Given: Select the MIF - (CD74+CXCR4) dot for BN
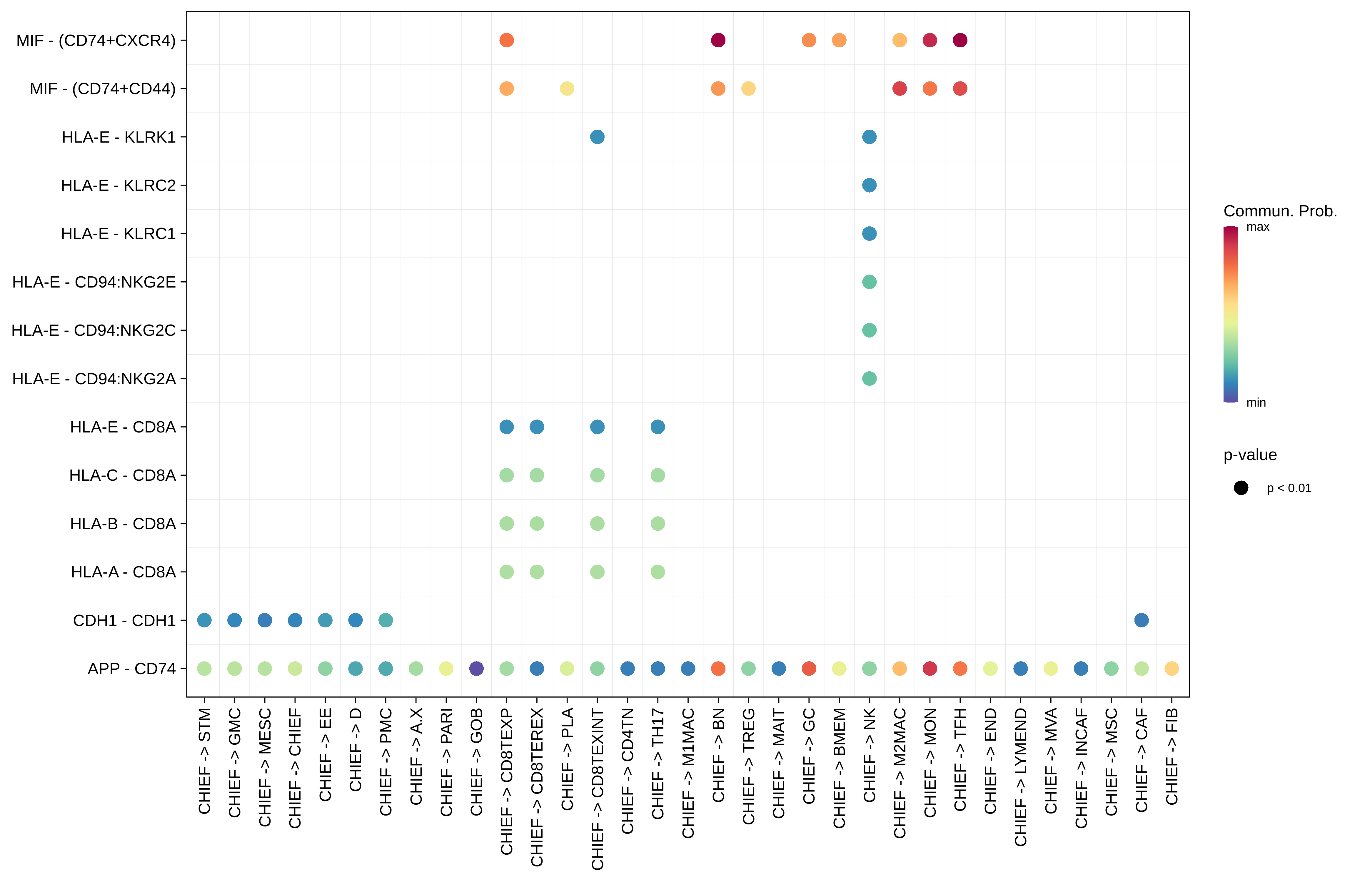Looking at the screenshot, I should [718, 40].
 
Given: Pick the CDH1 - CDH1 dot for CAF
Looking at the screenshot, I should [1141, 620].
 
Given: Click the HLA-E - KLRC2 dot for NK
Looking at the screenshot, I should [869, 185].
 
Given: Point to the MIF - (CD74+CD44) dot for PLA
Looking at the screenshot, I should [567, 88].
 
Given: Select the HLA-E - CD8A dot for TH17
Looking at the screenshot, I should [658, 427].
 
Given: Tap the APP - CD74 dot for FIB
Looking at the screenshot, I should [1172, 668].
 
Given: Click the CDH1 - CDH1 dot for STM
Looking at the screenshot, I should [204, 620].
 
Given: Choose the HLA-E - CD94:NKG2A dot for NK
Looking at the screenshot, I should [869, 378].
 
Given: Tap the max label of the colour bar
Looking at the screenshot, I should [1258, 227].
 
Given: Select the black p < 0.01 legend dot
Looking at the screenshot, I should [1241, 488].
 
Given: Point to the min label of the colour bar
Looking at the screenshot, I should [1256, 403].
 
